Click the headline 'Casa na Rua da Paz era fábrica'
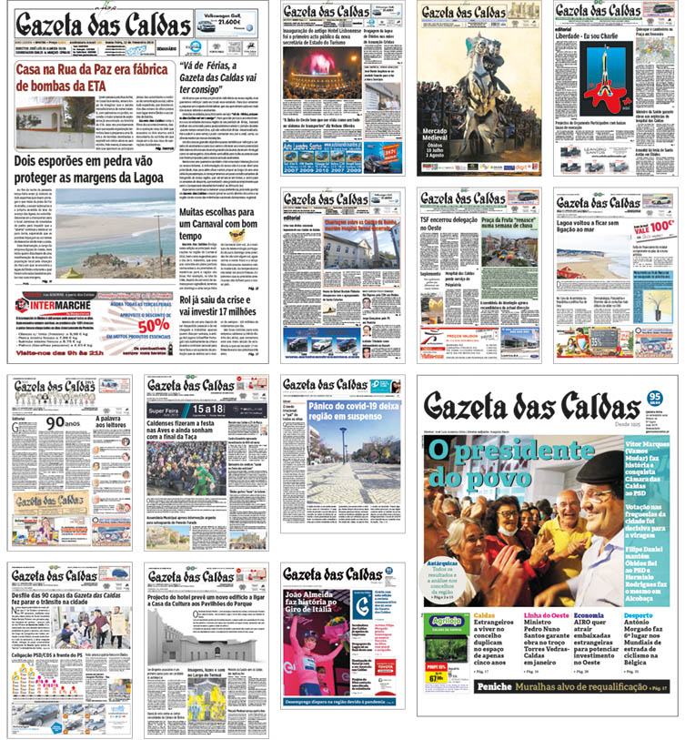tap(95, 70)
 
